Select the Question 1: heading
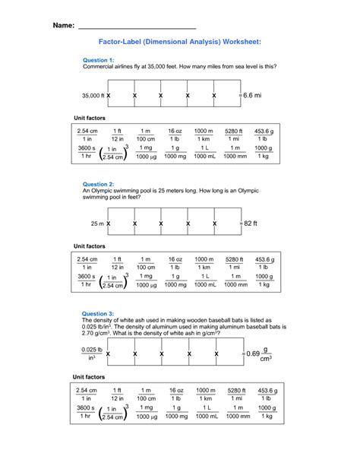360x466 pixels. point(97,59)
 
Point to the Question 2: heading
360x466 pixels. point(98,184)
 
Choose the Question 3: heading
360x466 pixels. point(98,313)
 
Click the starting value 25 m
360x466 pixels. point(97,224)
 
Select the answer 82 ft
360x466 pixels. point(251,224)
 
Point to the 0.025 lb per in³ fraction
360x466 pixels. point(91,354)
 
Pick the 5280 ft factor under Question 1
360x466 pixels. point(234,135)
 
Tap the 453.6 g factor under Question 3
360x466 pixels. point(264,393)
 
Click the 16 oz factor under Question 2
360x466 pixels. point(175,264)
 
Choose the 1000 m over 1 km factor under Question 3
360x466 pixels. point(204,393)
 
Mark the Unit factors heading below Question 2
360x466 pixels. point(89,246)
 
